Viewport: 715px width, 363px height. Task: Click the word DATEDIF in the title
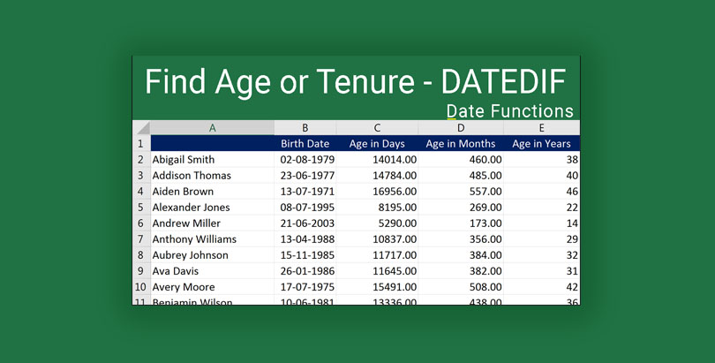point(503,82)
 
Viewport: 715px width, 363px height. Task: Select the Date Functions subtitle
point(509,111)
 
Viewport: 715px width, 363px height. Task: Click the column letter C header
point(377,128)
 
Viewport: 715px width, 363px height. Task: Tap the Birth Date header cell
point(305,143)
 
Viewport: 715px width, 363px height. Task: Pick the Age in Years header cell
point(541,143)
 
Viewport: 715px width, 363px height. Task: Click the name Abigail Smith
point(184,160)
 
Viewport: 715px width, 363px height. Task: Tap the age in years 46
point(572,192)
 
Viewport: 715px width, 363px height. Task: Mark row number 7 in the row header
point(140,239)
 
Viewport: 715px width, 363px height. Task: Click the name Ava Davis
point(175,271)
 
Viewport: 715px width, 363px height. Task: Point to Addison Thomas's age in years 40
point(572,176)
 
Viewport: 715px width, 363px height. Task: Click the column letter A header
point(212,128)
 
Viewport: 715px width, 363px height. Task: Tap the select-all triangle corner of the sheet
point(142,128)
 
